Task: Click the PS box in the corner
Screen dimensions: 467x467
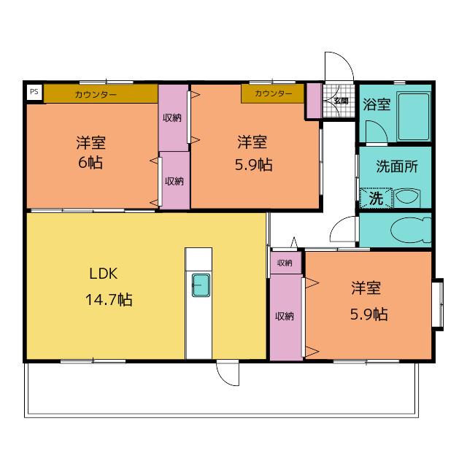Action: pos(34,92)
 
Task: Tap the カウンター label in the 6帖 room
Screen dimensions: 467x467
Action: pos(96,95)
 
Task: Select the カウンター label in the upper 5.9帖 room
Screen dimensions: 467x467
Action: pos(274,93)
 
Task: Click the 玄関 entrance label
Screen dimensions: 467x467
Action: pos(341,101)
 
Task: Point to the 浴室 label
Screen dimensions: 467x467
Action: pos(377,104)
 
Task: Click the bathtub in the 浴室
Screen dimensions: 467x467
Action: pos(414,117)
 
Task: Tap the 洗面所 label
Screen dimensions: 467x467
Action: pos(397,166)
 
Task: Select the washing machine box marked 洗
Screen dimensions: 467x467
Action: pos(376,198)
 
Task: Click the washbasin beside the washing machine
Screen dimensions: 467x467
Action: pos(407,198)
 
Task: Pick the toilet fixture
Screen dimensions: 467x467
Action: pos(411,230)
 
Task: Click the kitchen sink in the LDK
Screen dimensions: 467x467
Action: pos(201,285)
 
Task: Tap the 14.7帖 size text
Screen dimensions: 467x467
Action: pos(109,299)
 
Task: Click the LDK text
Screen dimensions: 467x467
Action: pos(104,274)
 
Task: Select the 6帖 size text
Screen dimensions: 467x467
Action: pos(90,163)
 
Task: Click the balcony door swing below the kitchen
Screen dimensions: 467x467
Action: pos(228,374)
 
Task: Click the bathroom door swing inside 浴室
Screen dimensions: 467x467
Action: pos(377,132)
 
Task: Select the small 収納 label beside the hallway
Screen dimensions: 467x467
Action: pos(285,263)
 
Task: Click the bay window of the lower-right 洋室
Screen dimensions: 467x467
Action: pos(438,304)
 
